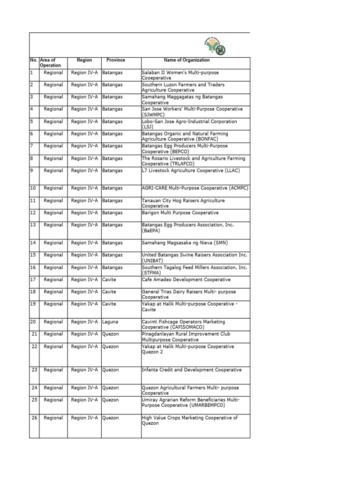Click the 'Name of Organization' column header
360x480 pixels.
[187, 60]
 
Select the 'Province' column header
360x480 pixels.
[115, 60]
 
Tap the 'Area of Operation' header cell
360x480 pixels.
[48, 63]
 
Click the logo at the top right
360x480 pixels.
[215, 46]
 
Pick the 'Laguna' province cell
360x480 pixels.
[111, 322]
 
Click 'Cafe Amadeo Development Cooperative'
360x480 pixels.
[186, 280]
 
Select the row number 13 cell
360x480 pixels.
[33, 225]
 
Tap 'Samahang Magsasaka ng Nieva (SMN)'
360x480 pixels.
[181, 243]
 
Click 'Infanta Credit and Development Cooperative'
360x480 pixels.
[192, 370]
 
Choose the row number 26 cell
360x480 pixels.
[34, 418]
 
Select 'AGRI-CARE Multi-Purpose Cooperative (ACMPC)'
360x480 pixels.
[195, 188]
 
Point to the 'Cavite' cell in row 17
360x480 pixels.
[110, 280]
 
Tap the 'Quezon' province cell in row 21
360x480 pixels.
[111, 334]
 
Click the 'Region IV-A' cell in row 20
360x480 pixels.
[84, 322]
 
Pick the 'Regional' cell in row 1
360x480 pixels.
[53, 73]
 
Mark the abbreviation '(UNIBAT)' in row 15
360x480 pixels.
[153, 260]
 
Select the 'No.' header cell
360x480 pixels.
[34, 60]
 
